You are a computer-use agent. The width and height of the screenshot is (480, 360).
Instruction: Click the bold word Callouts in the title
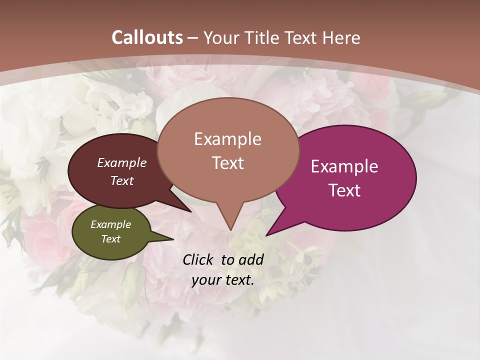147,37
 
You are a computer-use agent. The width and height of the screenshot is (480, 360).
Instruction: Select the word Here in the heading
340,38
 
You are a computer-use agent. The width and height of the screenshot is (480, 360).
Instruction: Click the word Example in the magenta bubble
344,166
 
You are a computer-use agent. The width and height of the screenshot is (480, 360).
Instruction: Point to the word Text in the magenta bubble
344,190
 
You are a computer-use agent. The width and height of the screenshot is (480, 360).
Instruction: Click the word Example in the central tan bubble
227,139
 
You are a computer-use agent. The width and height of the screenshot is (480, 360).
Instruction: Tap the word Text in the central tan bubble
227,163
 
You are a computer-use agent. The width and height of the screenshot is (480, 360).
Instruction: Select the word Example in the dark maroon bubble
122,163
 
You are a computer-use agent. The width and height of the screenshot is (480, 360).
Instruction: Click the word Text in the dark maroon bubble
122,181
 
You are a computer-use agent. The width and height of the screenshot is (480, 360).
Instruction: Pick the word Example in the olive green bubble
110,225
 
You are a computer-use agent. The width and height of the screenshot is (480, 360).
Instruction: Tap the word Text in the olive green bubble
110,239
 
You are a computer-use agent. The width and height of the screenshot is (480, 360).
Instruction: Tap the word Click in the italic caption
197,259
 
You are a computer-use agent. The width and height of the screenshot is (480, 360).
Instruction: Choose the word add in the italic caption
251,259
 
